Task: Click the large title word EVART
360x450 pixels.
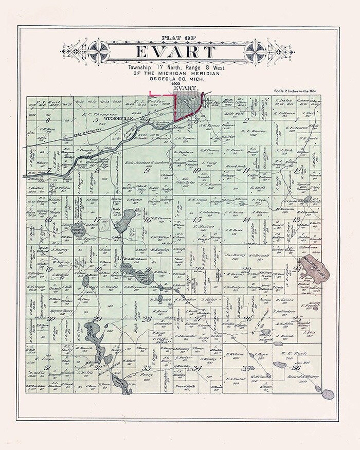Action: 175,52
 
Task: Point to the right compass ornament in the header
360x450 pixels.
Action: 255,51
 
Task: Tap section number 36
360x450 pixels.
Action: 296,367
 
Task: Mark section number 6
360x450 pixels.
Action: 47,120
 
